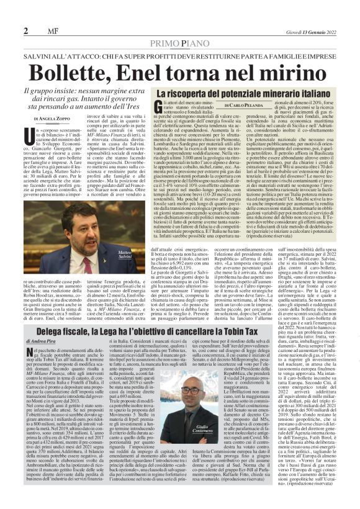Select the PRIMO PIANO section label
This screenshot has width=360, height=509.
(180, 44)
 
